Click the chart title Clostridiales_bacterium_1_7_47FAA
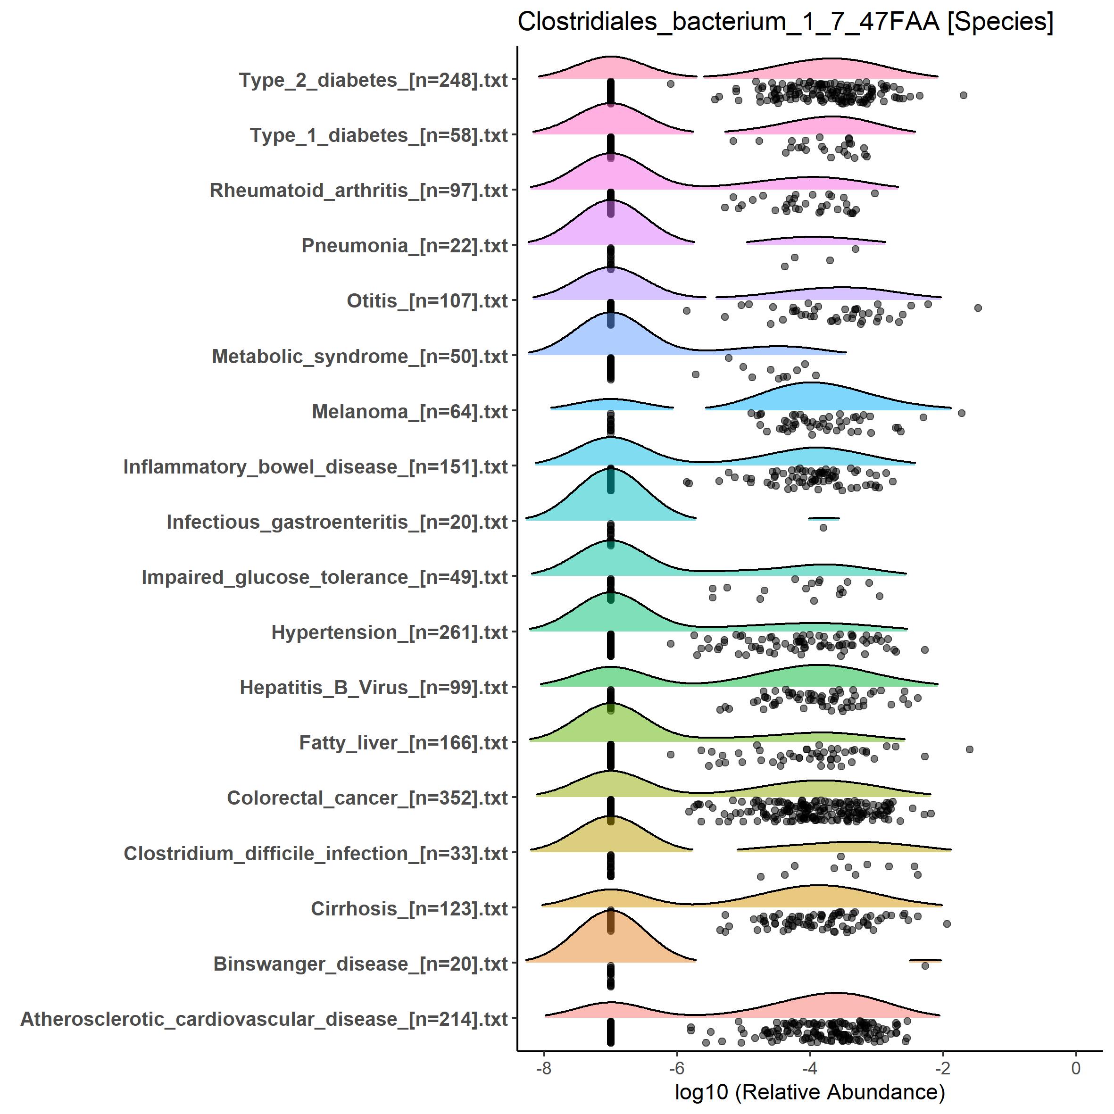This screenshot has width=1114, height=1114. [785, 22]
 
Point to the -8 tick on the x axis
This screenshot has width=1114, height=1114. [544, 1068]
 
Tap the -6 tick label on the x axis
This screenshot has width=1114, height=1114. [676, 1068]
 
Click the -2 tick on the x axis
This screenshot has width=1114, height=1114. [943, 1068]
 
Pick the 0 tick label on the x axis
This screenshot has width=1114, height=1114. [1075, 1068]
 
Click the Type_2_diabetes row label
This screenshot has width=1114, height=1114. [373, 80]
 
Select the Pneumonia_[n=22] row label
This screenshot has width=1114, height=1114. [404, 246]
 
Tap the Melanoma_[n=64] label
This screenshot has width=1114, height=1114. [409, 412]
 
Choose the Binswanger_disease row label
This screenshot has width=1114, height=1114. [360, 964]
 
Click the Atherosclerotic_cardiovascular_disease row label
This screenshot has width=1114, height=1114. [264, 1019]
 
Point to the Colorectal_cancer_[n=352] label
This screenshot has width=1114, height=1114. [367, 798]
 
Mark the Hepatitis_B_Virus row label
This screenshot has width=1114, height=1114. [374, 688]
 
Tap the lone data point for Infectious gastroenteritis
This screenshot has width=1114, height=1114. [823, 528]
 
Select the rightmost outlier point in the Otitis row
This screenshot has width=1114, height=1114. [978, 308]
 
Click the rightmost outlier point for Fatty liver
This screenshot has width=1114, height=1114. [969, 749]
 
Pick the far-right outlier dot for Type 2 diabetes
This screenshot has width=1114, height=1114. [963, 95]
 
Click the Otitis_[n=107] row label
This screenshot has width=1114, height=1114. [427, 301]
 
